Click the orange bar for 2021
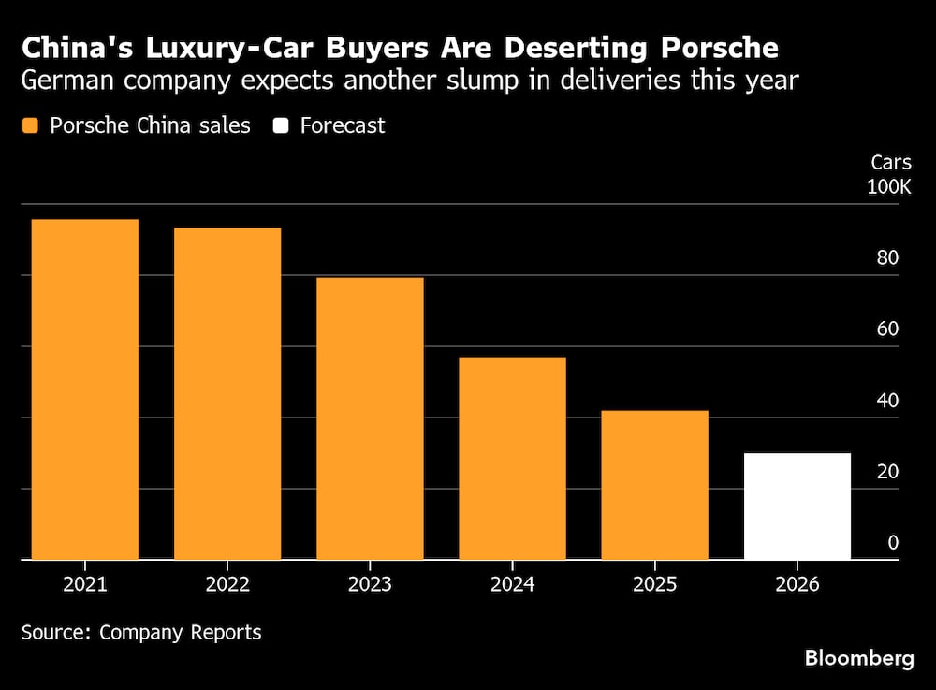pos(84,389)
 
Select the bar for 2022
pos(227,393)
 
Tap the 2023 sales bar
pos(370,418)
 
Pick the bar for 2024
pos(512,459)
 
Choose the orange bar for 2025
pos(654,485)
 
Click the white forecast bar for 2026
pos(797,506)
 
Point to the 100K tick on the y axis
pos(888,187)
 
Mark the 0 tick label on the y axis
pos(893,543)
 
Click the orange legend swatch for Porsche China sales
pos(31,125)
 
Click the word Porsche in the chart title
pos(718,47)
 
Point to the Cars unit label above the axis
pos(890,162)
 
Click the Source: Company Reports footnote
pos(141,632)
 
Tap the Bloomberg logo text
pos(859,659)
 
